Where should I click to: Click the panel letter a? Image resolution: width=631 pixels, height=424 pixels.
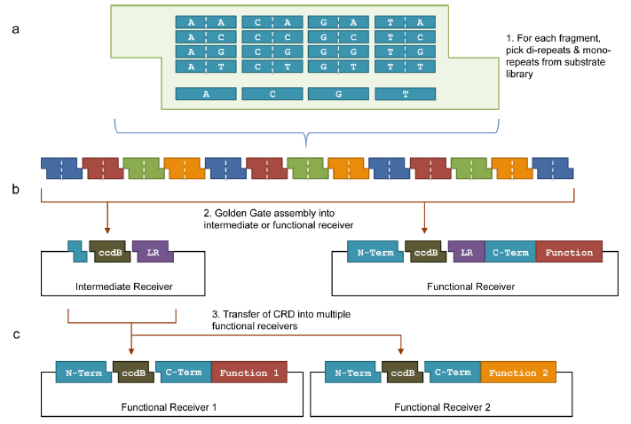pyautogui.click(x=16, y=30)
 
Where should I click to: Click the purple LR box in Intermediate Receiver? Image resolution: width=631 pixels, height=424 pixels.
pyautogui.click(x=152, y=253)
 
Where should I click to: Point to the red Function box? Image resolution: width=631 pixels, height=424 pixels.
pyautogui.click(x=569, y=253)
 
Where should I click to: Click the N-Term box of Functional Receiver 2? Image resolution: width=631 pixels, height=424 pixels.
pyautogui.click(x=353, y=373)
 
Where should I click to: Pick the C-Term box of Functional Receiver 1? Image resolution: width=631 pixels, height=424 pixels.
pyautogui.click(x=183, y=373)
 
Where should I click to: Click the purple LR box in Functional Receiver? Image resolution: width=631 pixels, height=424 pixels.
pyautogui.click(x=465, y=253)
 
